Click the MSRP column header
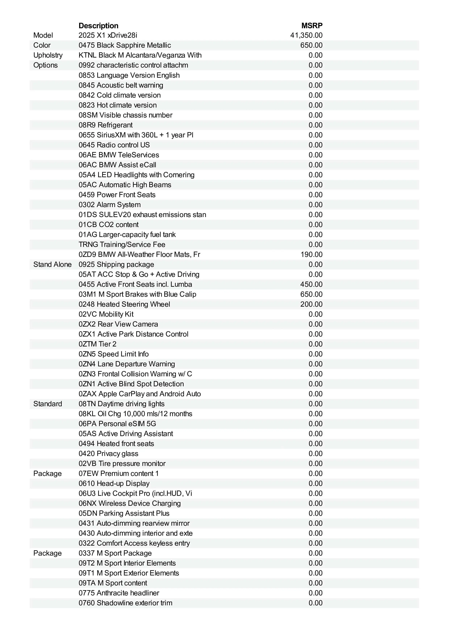coord(312,26)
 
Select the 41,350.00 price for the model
coord(306,35)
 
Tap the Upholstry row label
coord(48,55)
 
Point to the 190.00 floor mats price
coord(312,255)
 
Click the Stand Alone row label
coord(52,264)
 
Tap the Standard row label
coord(48,404)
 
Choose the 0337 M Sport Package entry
coord(115,553)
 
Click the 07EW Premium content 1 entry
coord(118,474)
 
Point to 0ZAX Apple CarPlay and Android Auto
coord(140,394)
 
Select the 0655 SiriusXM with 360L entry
coord(136,135)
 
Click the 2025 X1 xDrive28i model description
coord(108,35)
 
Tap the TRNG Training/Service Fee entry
coord(122,245)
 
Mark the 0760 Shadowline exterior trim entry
coord(125,603)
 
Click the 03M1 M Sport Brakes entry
coord(137,294)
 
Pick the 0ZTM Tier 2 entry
coord(97,344)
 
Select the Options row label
coord(45,65)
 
